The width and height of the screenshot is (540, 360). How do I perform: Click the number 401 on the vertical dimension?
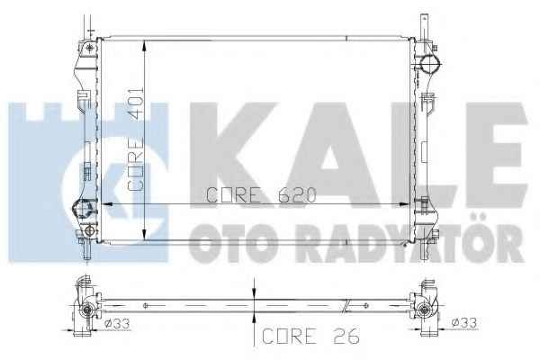pos(136,103)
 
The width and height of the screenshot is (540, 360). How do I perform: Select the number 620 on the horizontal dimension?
pos(297,195)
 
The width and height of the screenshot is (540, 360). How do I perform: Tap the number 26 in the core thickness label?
pos(346,336)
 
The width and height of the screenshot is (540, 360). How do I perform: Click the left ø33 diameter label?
pos(117,324)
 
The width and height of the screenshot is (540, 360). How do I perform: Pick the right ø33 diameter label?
pos(463,323)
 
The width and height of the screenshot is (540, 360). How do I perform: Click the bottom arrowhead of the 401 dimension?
pos(145,234)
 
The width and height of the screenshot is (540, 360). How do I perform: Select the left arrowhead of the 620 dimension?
pos(108,204)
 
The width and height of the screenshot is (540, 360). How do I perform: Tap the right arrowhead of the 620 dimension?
pos(403,204)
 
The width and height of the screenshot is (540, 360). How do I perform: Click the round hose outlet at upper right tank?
pos(430,63)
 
